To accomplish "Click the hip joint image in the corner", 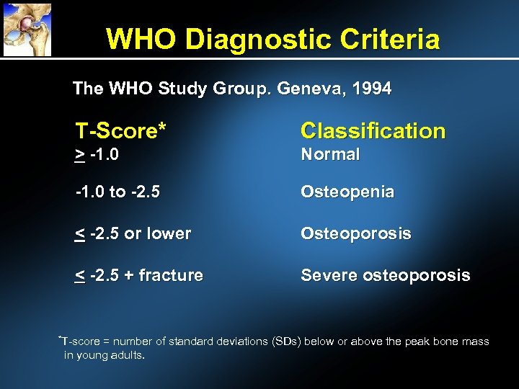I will (x=27, y=29).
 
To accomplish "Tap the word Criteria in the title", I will (x=389, y=39).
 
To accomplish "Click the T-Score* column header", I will (x=121, y=130).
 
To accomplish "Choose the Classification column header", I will (x=373, y=130).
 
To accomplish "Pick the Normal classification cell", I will (x=329, y=154).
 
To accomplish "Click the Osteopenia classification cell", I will (x=347, y=192).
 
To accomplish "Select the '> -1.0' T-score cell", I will (x=97, y=154).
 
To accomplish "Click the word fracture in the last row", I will (x=171, y=275).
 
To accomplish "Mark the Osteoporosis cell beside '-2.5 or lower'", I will (x=356, y=233).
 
